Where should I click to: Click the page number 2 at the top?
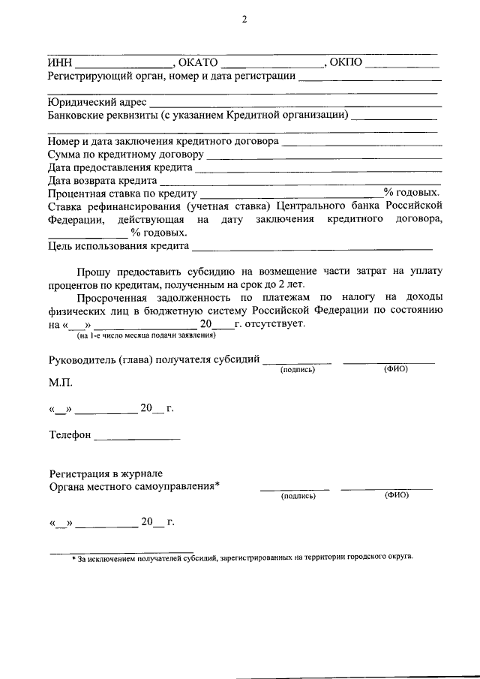(244, 20)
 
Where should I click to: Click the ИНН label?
(58, 63)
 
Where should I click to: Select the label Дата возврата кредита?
(101, 181)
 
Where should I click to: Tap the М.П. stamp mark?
(61, 383)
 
